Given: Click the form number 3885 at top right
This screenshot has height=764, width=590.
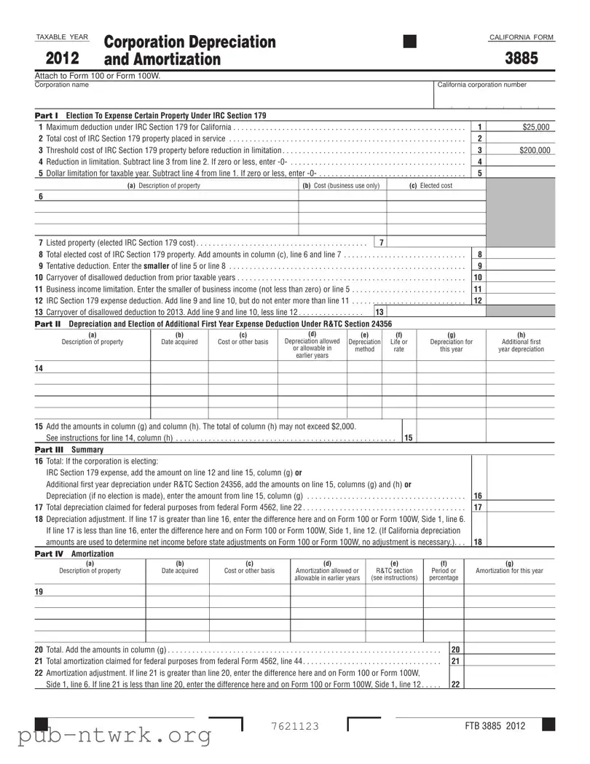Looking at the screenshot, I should pyautogui.click(x=522, y=58).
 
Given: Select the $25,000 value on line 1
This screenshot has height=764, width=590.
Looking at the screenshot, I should pyautogui.click(x=536, y=127).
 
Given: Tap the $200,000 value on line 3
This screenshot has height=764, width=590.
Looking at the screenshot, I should pyautogui.click(x=535, y=150).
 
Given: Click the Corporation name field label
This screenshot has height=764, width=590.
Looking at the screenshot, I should pyautogui.click(x=62, y=85).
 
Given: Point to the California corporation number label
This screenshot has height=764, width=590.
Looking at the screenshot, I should pyautogui.click(x=481, y=85).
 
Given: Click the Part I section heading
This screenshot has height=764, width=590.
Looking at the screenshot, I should pyautogui.click(x=151, y=115).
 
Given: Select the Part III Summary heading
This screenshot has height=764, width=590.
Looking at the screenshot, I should pyautogui.click(x=69, y=450).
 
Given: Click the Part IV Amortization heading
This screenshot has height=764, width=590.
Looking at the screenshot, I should pyautogui.click(x=74, y=554).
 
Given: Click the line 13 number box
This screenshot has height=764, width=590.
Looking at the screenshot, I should pyautogui.click(x=379, y=312).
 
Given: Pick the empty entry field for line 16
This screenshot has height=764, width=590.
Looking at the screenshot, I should pyautogui.click(x=520, y=495).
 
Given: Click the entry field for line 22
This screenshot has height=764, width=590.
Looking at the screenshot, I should pyautogui.click(x=509, y=685).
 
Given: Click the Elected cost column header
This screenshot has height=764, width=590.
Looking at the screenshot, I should pyautogui.click(x=430, y=185).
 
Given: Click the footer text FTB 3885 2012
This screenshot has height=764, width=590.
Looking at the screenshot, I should pyautogui.click(x=495, y=726).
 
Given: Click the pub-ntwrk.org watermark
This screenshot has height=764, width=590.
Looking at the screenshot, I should pyautogui.click(x=115, y=736).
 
